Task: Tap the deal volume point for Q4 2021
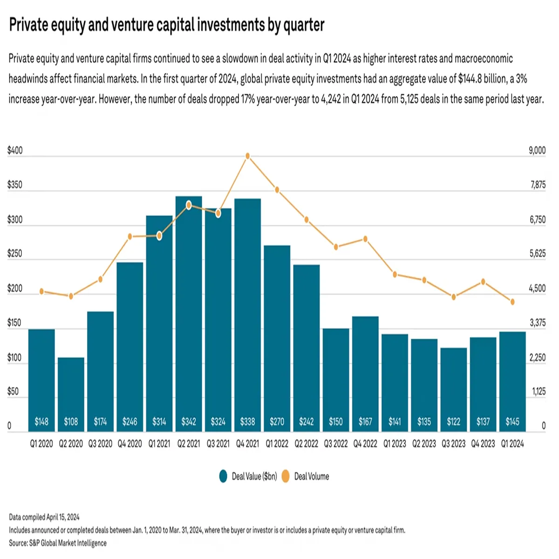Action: (x=248, y=156)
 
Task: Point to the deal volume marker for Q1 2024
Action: (x=512, y=302)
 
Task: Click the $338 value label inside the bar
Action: (x=247, y=422)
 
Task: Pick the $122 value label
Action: (x=453, y=422)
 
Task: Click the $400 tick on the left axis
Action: (x=15, y=150)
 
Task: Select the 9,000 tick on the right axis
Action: (x=537, y=150)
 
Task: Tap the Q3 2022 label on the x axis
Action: (x=335, y=444)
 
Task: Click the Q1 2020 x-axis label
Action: (x=41, y=444)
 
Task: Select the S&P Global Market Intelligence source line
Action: (x=58, y=543)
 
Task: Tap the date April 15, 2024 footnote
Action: (x=63, y=517)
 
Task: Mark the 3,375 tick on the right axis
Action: (x=537, y=323)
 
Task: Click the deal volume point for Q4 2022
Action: (x=366, y=239)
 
